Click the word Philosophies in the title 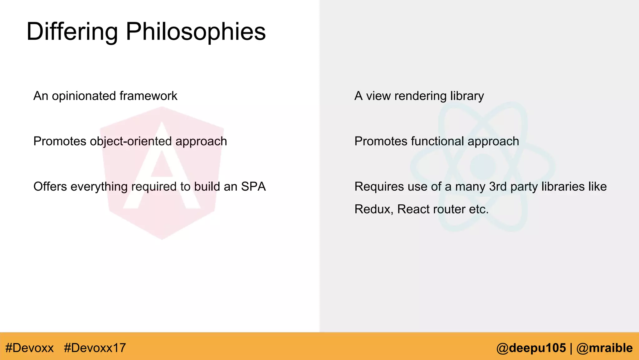click(196, 32)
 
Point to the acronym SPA click(253, 187)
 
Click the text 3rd click(498, 187)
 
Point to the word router click(450, 209)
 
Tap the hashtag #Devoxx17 click(95, 348)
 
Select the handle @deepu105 click(531, 348)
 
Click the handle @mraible click(604, 348)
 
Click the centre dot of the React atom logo click(483, 167)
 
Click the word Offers click(50, 187)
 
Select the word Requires click(379, 187)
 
